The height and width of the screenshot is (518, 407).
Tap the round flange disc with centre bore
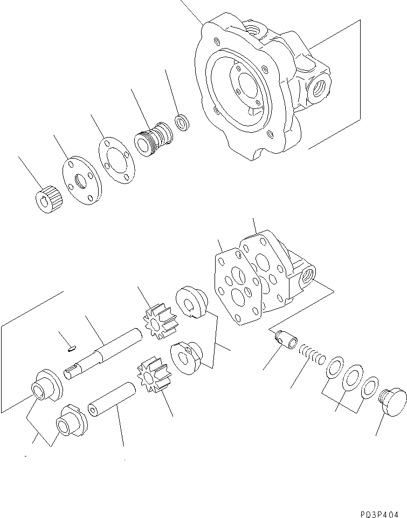pos(78,180)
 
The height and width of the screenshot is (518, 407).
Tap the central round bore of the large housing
pos(248,86)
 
